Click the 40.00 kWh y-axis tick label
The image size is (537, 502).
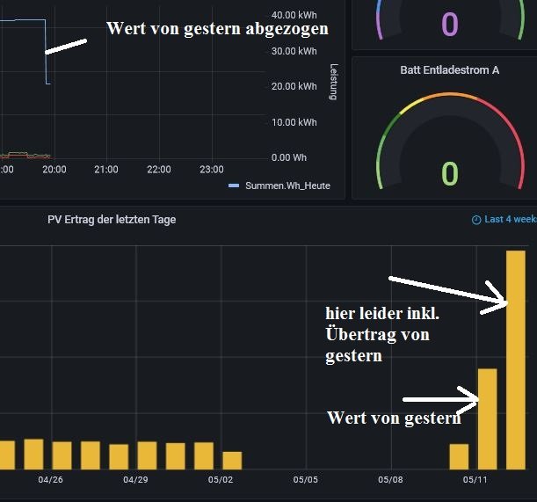pos(294,16)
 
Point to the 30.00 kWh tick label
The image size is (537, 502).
pos(294,51)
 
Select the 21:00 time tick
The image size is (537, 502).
pos(106,170)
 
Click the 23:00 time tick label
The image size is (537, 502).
pos(212,170)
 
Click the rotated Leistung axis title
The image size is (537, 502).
pos(333,82)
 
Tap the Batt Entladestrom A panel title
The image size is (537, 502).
pos(449,69)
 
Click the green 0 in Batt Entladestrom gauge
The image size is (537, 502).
pos(449,174)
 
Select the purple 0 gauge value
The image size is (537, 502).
pos(449,24)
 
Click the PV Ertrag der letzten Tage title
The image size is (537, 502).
pos(112,220)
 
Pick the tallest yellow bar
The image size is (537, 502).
pos(515,360)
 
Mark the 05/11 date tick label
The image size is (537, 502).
pos(475,480)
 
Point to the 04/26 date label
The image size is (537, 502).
pos(51,480)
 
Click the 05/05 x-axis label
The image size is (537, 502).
pos(305,480)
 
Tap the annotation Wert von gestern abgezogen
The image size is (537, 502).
pos(217,28)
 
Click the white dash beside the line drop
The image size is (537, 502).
pos(66,47)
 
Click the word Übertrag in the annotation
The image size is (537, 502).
pos(358,334)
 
